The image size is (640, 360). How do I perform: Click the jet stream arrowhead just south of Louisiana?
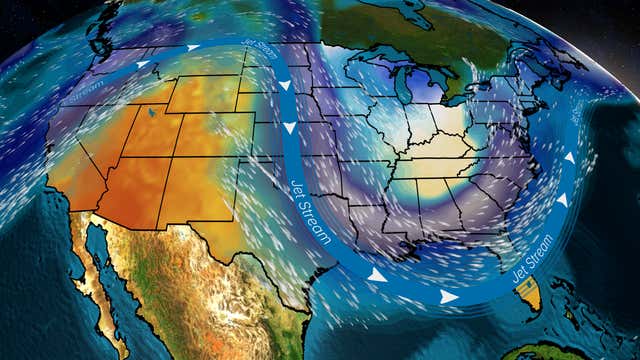coord(377,274)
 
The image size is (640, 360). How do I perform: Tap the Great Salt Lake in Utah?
coord(151,113)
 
